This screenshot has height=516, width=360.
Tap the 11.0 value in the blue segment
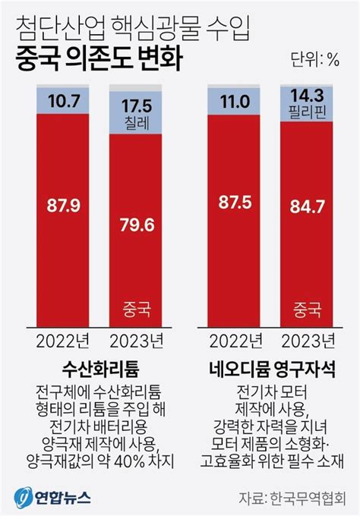click(235, 101)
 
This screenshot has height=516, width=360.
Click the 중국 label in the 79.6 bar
click(137, 310)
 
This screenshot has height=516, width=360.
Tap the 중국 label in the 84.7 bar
click(308, 310)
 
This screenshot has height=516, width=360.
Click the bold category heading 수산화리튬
click(99, 372)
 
